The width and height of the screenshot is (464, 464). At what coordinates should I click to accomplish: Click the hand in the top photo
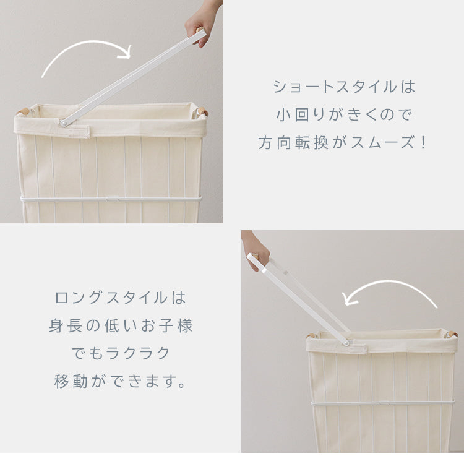[x=201, y=25]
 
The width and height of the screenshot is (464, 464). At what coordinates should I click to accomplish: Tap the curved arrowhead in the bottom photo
[x=350, y=299]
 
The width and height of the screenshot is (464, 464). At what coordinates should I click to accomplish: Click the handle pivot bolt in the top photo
[x=63, y=123]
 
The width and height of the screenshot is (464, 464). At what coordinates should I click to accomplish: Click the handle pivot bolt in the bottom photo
[x=345, y=343]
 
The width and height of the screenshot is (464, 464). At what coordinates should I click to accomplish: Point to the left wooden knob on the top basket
[x=23, y=111]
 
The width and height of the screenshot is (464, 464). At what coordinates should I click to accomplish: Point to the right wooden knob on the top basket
[x=203, y=111]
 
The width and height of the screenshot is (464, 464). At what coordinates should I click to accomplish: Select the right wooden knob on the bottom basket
[x=452, y=333]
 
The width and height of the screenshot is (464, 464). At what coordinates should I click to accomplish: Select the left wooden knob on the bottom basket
[x=311, y=335]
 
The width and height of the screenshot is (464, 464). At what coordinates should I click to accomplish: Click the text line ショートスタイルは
[x=343, y=87]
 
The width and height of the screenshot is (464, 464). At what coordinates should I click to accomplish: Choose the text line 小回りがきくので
[x=343, y=114]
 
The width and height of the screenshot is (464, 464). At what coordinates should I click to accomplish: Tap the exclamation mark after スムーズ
[x=423, y=143]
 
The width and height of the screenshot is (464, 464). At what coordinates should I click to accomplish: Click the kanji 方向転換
[x=293, y=143]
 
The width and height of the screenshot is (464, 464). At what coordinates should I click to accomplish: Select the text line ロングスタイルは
[x=121, y=298]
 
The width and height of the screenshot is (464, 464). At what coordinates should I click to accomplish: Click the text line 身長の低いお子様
[x=121, y=325]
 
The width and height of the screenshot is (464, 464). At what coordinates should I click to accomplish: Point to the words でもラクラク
[x=121, y=353]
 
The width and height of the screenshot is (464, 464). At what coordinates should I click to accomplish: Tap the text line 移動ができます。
[x=121, y=381]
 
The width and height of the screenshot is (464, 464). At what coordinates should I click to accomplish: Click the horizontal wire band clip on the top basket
[x=113, y=198]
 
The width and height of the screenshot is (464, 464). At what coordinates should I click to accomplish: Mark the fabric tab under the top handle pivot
[x=75, y=131]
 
